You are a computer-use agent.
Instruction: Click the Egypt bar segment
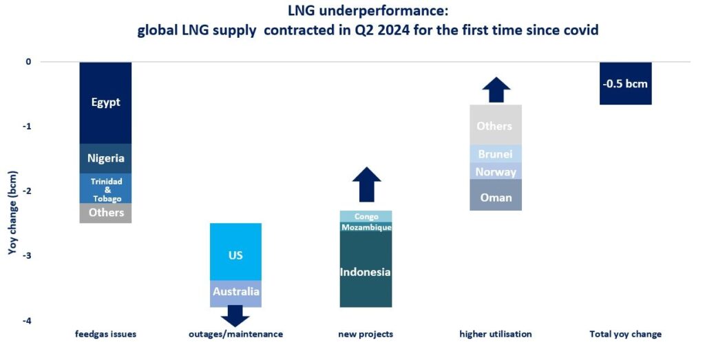click(x=105, y=103)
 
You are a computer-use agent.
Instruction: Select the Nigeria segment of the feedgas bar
click(x=105, y=158)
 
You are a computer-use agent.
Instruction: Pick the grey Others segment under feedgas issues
click(x=105, y=213)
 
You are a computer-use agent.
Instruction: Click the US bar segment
click(x=235, y=254)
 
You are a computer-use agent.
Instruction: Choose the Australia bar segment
click(x=235, y=293)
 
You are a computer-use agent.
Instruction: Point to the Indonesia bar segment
click(x=365, y=271)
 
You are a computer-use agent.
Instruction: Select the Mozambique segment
click(x=365, y=227)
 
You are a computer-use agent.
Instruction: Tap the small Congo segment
click(x=366, y=216)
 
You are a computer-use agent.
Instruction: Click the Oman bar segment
click(x=496, y=196)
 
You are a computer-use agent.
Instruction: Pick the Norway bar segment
click(x=496, y=171)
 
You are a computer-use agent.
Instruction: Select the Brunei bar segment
click(x=496, y=154)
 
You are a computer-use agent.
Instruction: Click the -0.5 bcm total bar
click(x=625, y=83)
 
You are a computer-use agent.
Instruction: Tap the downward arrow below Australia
click(x=235, y=316)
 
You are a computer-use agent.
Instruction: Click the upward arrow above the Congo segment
click(x=366, y=184)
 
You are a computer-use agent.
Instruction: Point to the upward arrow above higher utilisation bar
click(x=496, y=89)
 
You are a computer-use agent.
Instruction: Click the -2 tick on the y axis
click(x=28, y=191)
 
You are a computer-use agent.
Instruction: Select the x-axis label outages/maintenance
click(x=235, y=335)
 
